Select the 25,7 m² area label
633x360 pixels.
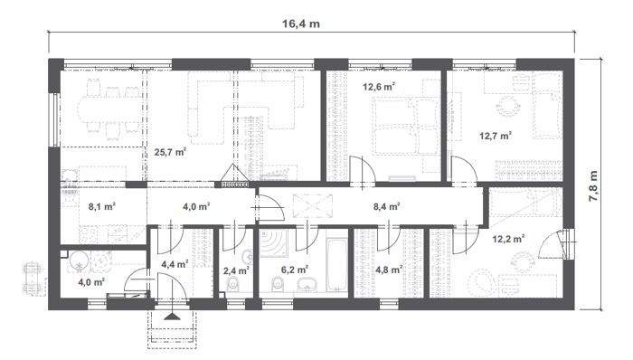point(169,152)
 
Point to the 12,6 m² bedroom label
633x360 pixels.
point(379,88)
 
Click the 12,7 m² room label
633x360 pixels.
point(495,137)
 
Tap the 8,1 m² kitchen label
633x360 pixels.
point(101,206)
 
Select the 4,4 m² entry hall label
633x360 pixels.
point(174,264)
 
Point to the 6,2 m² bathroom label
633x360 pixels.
point(294,270)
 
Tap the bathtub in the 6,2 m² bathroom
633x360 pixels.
point(336,264)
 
